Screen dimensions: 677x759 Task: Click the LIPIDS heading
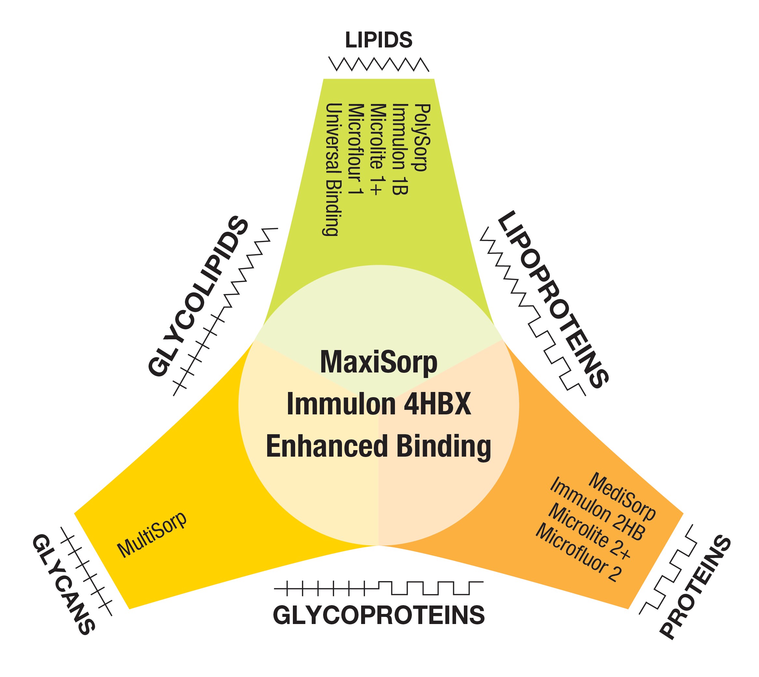pyautogui.click(x=378, y=40)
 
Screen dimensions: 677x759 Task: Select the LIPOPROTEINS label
pyautogui.click(x=553, y=299)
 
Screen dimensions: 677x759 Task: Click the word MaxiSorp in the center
pyautogui.click(x=378, y=362)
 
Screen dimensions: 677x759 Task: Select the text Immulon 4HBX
pyautogui.click(x=378, y=404)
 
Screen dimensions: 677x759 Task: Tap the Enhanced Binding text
pyautogui.click(x=378, y=446)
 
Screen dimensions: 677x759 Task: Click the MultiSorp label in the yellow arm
pyautogui.click(x=152, y=535)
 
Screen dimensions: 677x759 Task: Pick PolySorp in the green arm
pyautogui.click(x=422, y=137)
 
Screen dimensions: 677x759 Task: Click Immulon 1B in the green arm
pyautogui.click(x=400, y=149)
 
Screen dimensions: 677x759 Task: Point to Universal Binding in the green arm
pyautogui.click(x=332, y=170)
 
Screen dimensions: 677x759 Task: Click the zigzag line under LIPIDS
pyautogui.click(x=378, y=64)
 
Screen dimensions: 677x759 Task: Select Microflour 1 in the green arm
pyautogui.click(x=355, y=149)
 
